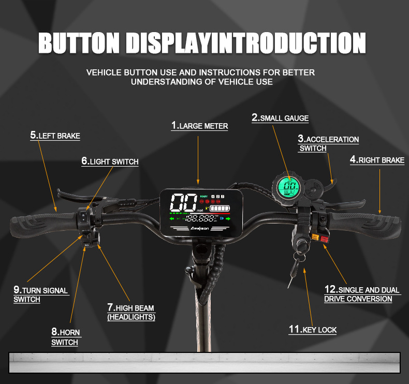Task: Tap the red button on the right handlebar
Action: pyautogui.click(x=325, y=239)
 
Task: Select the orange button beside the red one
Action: pyautogui.click(x=314, y=238)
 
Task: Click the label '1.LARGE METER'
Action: pyautogui.click(x=199, y=126)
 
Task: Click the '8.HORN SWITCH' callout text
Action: pyautogui.click(x=65, y=337)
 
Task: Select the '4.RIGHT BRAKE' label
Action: pyautogui.click(x=377, y=160)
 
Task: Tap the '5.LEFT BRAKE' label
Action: pyautogui.click(x=55, y=136)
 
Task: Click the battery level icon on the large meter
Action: pyautogui.click(x=220, y=209)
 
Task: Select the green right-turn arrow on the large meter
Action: pyautogui.click(x=227, y=219)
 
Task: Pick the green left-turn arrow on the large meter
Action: pyautogui.click(x=172, y=219)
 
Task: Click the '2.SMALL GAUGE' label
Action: pyautogui.click(x=280, y=117)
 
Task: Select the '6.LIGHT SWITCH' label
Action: pyautogui.click(x=110, y=161)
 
